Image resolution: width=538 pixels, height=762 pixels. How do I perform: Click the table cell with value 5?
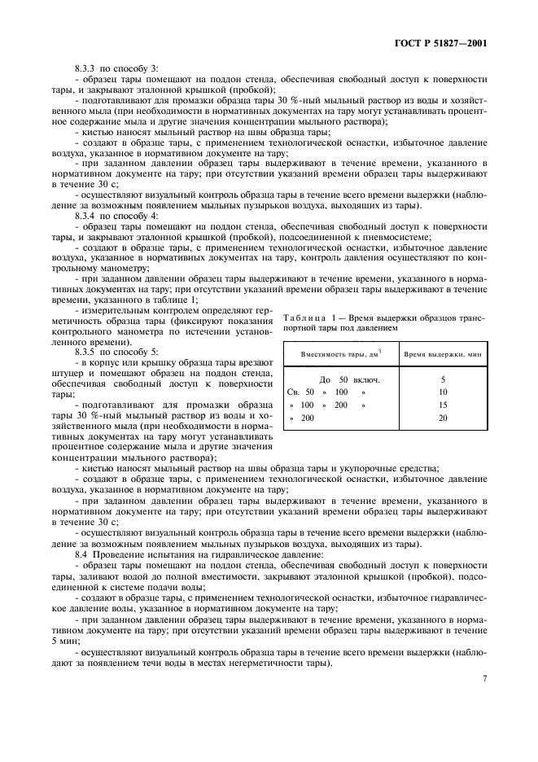(443, 380)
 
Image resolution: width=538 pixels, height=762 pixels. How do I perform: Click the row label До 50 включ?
(350, 380)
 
